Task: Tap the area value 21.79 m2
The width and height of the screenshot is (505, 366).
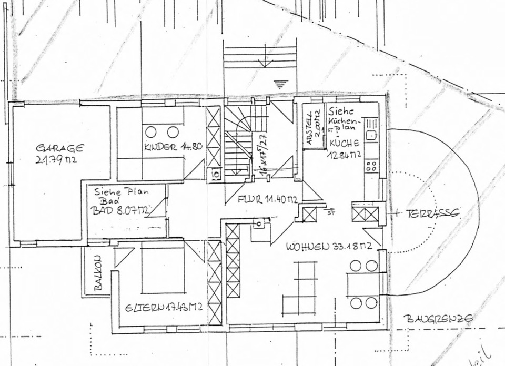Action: [56, 160]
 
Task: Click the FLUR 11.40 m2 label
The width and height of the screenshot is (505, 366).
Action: [268, 200]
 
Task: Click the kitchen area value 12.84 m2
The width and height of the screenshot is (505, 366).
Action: [345, 154]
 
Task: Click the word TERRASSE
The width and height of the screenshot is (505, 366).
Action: [432, 213]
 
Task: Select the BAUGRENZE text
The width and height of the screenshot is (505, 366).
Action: [438, 318]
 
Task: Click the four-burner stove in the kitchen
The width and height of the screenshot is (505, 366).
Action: [371, 166]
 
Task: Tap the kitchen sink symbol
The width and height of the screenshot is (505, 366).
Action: [371, 135]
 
